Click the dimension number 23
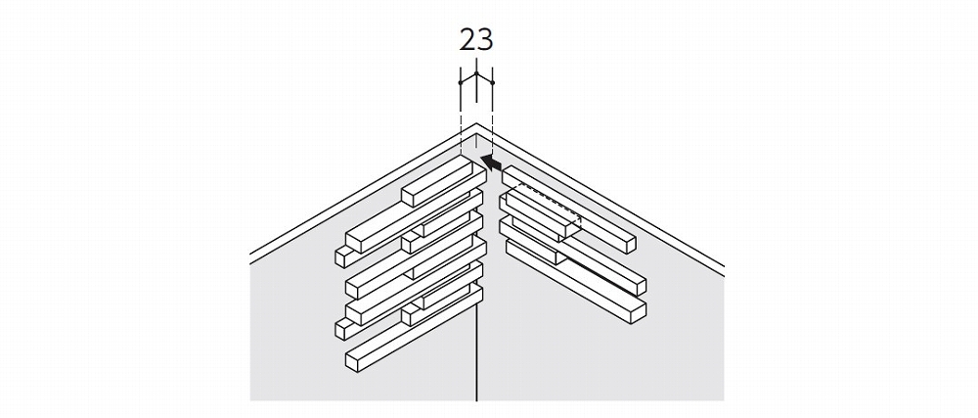click(476, 40)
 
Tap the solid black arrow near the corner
click(492, 163)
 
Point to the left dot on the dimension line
click(461, 82)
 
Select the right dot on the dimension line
click(493, 82)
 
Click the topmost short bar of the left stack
click(436, 180)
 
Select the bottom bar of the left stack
click(414, 329)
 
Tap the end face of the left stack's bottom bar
click(353, 362)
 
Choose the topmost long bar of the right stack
click(569, 209)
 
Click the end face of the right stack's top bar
click(631, 245)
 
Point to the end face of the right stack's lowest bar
click(639, 314)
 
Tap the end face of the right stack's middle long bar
click(639, 287)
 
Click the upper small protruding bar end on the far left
click(340, 257)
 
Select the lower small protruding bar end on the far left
click(340, 329)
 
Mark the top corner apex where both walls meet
click(476, 123)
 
